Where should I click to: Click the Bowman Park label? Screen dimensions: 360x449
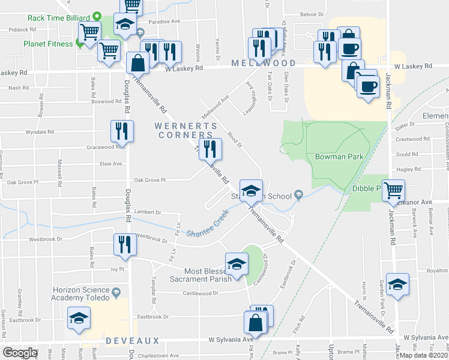point(339,157)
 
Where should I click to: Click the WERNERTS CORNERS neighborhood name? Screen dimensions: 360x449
point(185,130)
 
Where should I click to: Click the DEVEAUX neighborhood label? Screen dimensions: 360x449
point(133,341)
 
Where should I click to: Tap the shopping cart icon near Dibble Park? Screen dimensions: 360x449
point(393,191)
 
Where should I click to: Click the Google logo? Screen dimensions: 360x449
point(20,353)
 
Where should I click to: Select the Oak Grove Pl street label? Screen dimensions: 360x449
point(149,179)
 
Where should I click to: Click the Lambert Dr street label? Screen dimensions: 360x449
point(148,212)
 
